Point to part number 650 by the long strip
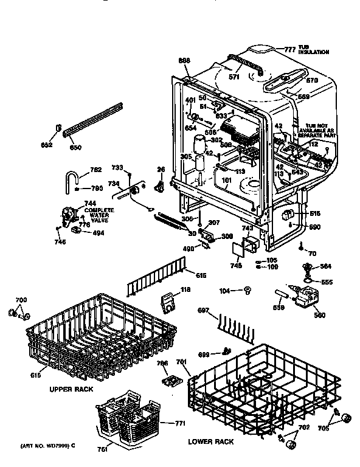coord(75,148)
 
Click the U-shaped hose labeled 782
coord(71,179)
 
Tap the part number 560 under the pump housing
coord(319,315)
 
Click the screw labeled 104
coord(247,292)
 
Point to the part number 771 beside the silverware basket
coord(179,423)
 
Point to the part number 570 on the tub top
coord(312,80)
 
